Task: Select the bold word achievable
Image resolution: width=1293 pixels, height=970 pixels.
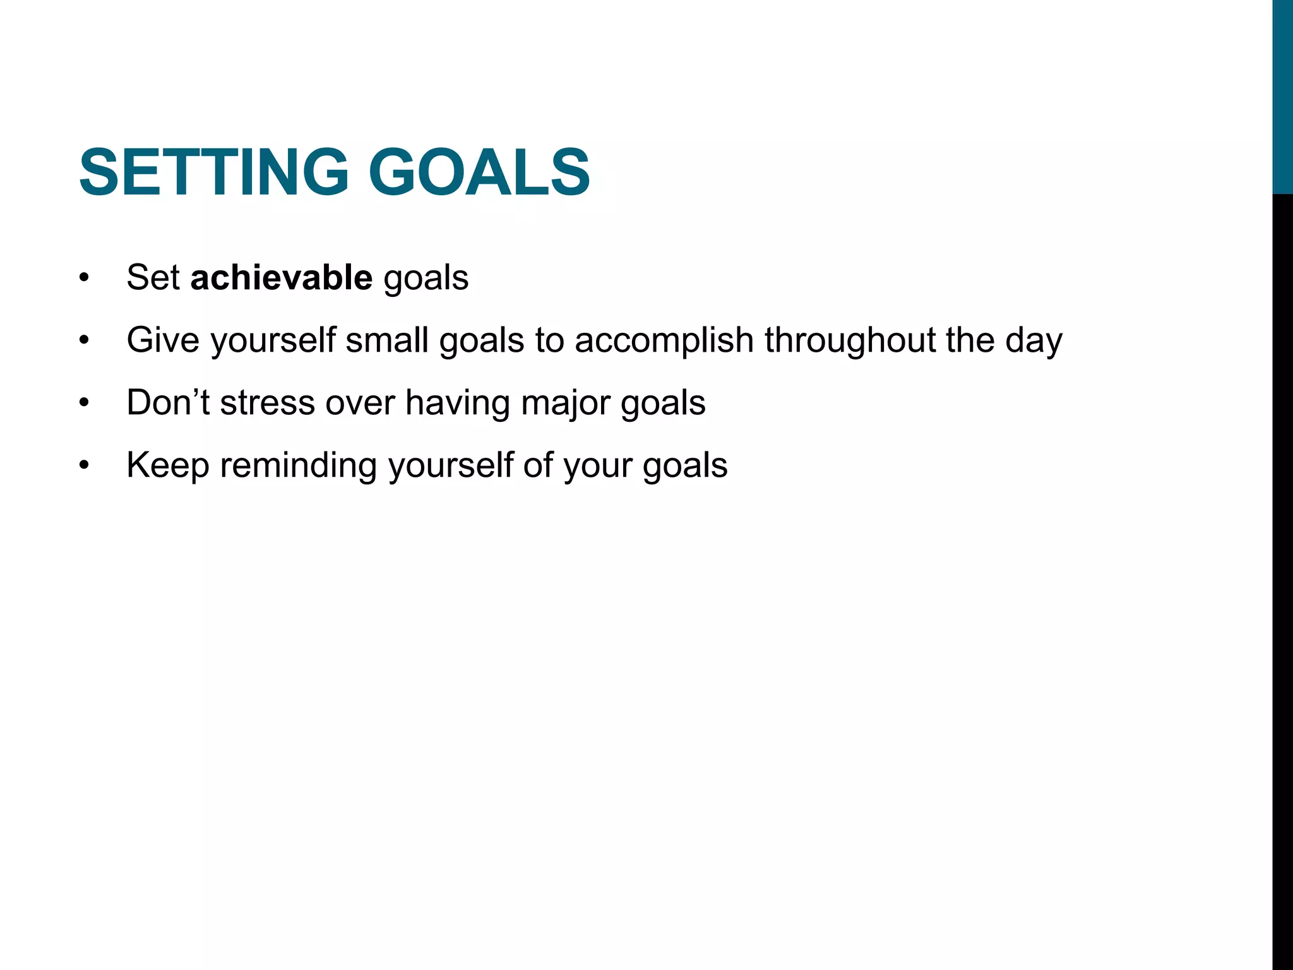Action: [x=282, y=277]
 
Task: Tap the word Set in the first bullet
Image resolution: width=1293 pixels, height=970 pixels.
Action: [x=153, y=277]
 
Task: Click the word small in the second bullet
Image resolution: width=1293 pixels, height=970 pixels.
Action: [x=386, y=340]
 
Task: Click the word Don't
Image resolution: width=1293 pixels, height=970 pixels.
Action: [x=168, y=402]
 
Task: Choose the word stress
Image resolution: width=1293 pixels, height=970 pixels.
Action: [x=267, y=402]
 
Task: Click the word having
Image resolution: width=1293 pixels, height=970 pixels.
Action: [x=458, y=404]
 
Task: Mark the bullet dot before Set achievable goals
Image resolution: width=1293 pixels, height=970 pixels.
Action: [x=85, y=278]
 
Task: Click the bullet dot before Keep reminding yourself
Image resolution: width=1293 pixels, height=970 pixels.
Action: [x=85, y=466]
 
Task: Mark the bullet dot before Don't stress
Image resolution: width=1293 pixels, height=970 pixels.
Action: [x=85, y=403]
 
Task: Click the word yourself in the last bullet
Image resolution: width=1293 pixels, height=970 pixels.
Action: [x=450, y=466]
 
